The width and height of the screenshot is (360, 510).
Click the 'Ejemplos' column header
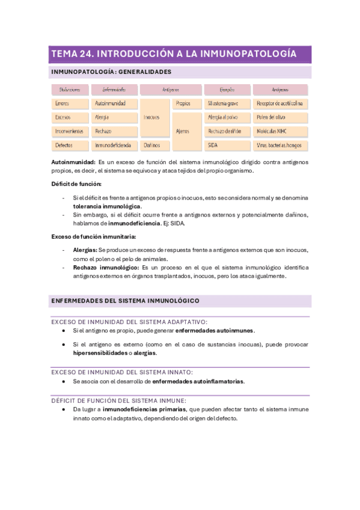[226, 90]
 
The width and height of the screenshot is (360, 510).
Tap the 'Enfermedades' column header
[112, 90]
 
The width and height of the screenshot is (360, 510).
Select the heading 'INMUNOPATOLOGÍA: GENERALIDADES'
[112, 72]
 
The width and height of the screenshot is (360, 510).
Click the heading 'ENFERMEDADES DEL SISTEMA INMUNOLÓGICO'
[126, 300]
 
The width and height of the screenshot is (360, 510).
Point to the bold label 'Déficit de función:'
[76, 183]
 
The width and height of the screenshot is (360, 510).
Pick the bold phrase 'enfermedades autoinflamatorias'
[198, 381]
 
